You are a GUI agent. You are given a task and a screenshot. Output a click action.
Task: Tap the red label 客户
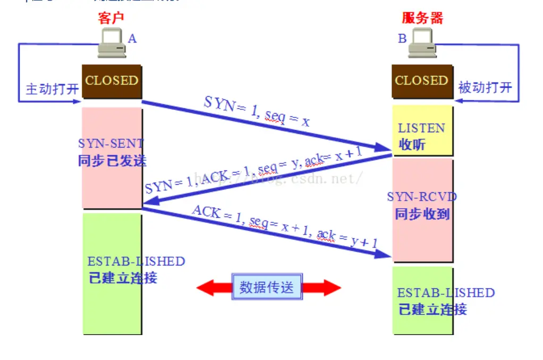(111, 18)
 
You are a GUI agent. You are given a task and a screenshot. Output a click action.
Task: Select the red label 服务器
(422, 18)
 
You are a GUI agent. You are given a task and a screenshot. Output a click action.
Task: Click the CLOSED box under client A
(112, 81)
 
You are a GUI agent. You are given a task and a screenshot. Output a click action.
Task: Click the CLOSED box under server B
(422, 81)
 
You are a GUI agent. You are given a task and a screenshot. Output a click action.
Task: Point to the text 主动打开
(52, 89)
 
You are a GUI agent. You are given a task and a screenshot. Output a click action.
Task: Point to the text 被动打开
(485, 88)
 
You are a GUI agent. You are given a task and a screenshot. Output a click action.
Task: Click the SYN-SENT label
(111, 143)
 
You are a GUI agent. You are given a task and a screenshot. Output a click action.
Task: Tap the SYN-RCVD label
(422, 197)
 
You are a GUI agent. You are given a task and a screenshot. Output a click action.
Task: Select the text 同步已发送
(112, 160)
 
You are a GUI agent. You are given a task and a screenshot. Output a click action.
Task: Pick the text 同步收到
(422, 214)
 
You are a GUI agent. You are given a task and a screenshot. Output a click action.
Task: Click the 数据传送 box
(266, 287)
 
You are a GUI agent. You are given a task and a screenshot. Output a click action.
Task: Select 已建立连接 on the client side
(123, 278)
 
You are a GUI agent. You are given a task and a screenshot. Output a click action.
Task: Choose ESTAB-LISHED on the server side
(446, 293)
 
